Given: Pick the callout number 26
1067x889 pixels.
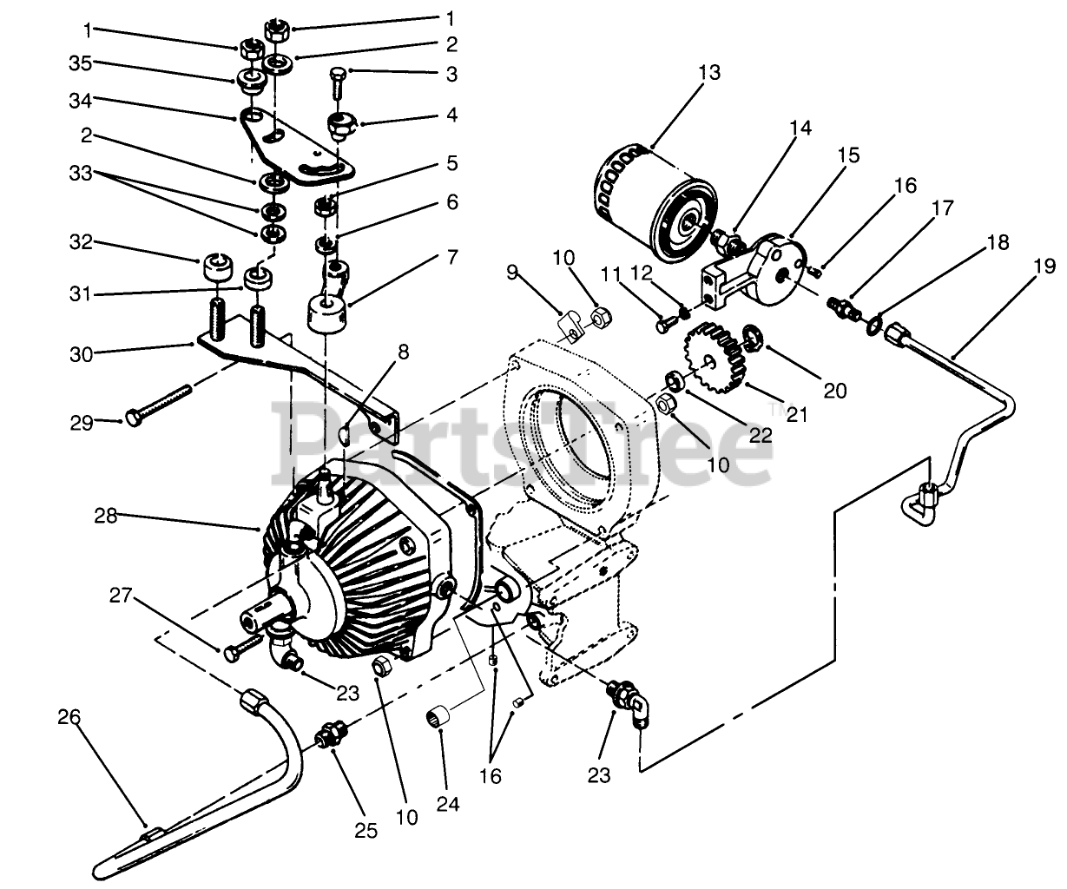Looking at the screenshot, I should [69, 717].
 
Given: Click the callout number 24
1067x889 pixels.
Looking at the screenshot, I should [447, 803].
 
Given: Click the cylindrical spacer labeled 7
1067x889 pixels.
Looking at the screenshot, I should [329, 313].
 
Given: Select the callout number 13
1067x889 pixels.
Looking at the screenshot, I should [708, 72].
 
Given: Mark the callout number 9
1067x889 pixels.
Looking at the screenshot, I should [512, 273].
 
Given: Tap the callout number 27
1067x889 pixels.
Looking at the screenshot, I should [121, 596].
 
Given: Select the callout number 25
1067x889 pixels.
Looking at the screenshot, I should [366, 831].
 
